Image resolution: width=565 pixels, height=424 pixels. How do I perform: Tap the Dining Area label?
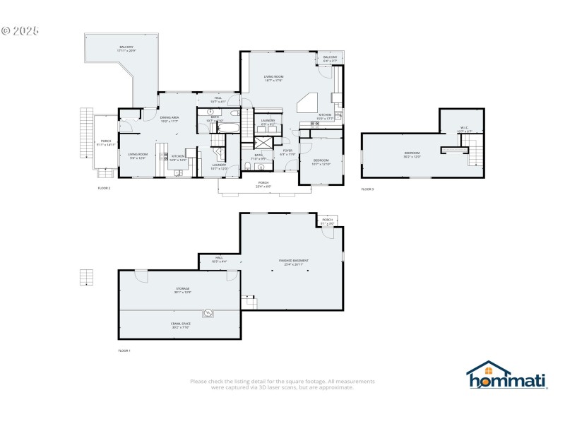168,119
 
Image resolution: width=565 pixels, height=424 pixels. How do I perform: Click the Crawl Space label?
181,325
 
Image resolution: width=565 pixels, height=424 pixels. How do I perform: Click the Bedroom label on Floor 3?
412,155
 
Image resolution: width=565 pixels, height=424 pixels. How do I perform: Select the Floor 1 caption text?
124,351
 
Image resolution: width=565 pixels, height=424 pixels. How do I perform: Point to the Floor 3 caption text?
367,189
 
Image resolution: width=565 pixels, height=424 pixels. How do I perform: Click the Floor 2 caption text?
104,188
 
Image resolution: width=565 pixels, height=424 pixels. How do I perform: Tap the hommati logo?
507,376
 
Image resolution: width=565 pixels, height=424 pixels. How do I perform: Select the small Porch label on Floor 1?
327,221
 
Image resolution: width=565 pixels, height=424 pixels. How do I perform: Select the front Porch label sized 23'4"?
263,184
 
